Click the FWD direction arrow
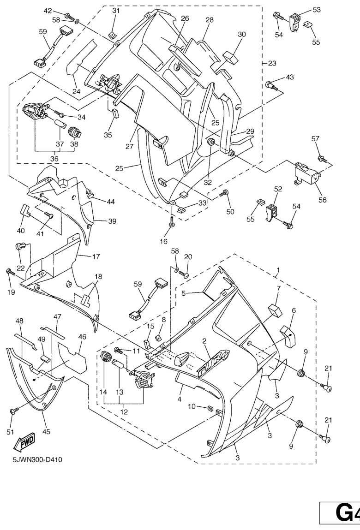[22, 443]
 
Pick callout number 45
[47, 432]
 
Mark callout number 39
[112, 221]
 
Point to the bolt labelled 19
[9, 272]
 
